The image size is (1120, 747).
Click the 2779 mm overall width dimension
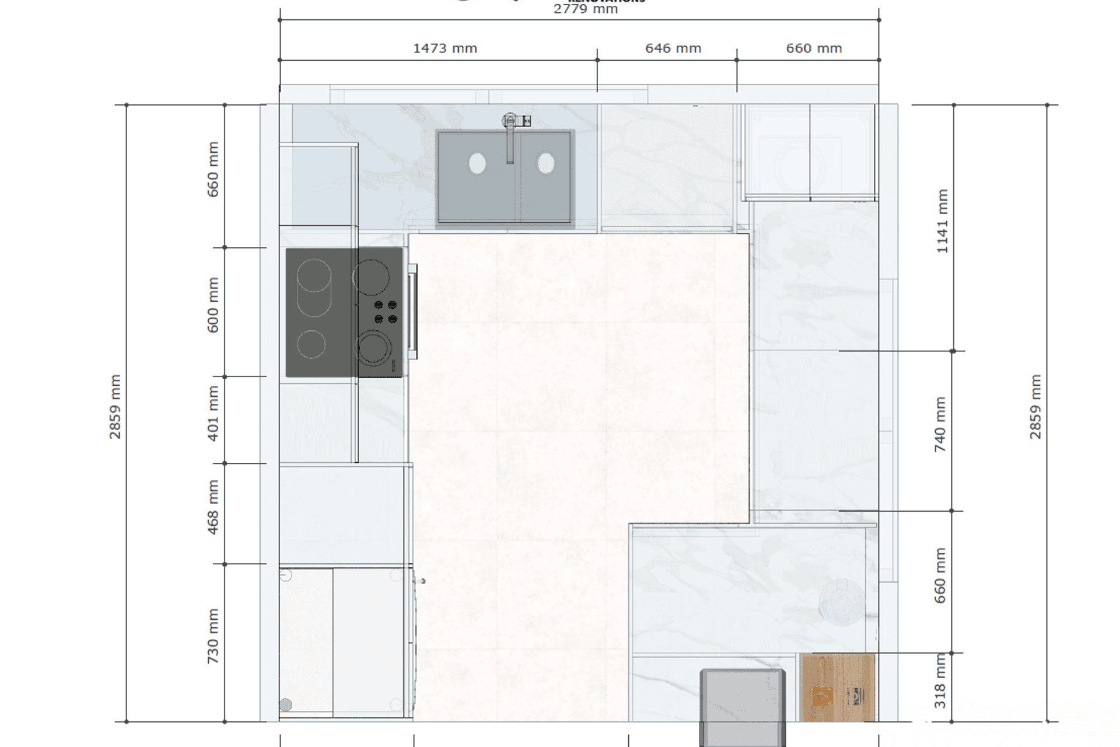click(585, 9)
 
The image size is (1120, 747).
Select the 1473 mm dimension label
click(445, 48)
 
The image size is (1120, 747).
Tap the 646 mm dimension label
click(673, 48)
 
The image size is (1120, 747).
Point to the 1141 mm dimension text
click(942, 221)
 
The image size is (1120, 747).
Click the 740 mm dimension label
click(940, 424)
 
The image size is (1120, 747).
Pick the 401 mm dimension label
click(213, 413)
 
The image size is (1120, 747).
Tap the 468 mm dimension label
click(213, 507)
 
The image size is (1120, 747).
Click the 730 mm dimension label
click(213, 636)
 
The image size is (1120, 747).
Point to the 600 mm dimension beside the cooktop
click(213, 305)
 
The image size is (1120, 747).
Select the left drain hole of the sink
click(477, 164)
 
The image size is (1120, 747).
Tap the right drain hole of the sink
click(546, 163)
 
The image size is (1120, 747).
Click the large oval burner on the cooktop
click(314, 288)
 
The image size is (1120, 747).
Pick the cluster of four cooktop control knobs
click(386, 312)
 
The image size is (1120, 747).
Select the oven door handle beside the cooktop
click(412, 311)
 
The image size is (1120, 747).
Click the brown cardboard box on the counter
click(838, 687)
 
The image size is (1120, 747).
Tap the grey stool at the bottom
click(743, 706)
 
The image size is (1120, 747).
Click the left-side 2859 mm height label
click(115, 407)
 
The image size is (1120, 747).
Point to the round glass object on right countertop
click(842, 601)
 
